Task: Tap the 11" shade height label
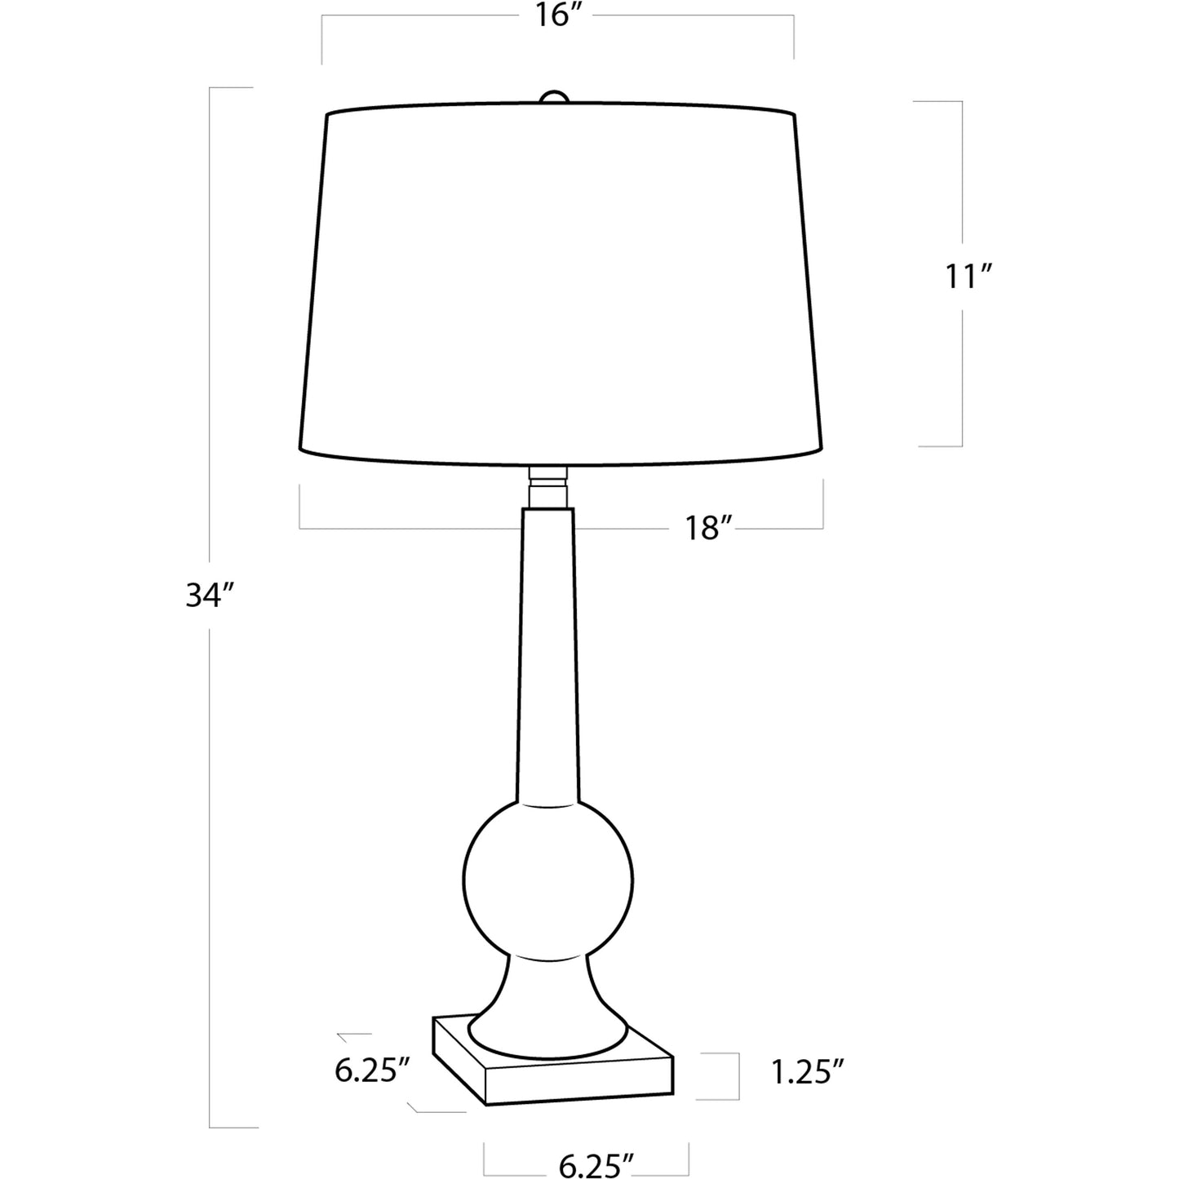(x=967, y=278)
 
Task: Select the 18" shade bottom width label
(x=705, y=529)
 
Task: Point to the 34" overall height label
(x=211, y=596)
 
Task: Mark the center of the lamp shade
(x=560, y=281)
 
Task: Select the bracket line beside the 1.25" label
(x=738, y=1075)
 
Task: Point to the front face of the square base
(x=579, y=1081)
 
